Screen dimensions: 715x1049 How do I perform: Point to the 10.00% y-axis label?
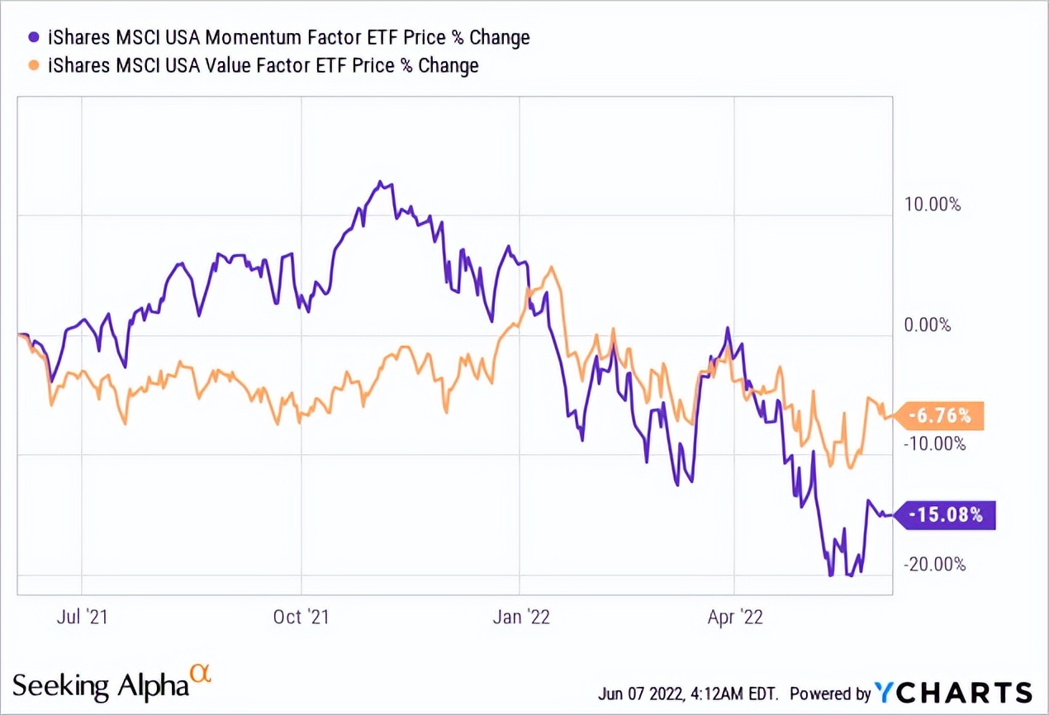click(x=933, y=204)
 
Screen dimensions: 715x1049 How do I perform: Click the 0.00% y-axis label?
click(x=928, y=325)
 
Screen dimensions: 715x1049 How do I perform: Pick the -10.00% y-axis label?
click(x=934, y=443)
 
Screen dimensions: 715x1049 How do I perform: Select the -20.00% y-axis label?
click(x=934, y=565)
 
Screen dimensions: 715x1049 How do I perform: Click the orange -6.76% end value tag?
click(x=944, y=416)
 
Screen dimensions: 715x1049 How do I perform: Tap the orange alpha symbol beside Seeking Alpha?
click(x=201, y=673)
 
